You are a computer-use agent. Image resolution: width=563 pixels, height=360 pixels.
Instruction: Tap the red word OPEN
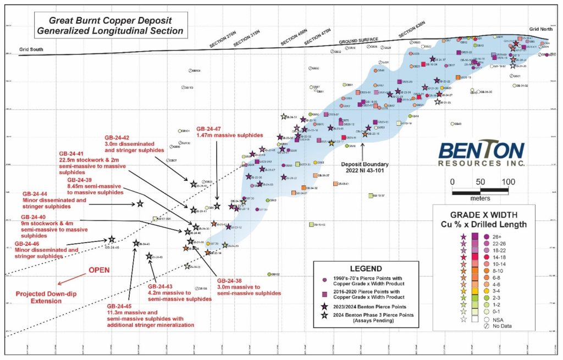99,270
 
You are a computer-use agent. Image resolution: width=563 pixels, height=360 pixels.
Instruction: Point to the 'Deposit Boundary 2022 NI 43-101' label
365,168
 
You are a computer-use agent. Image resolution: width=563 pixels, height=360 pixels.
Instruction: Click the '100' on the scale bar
508,182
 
